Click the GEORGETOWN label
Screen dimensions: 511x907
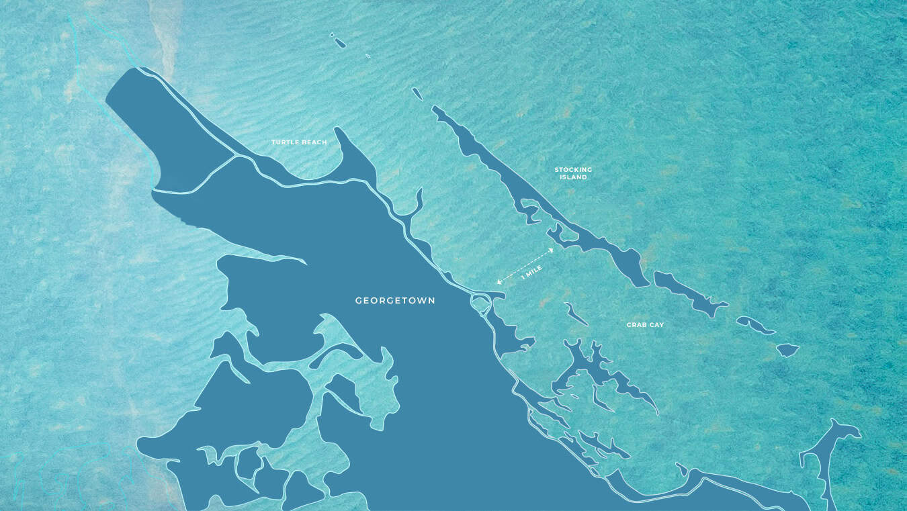tap(395, 301)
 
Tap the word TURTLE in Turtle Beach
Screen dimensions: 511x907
tap(285, 142)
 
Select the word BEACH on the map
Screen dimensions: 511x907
tap(314, 142)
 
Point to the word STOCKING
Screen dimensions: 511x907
tap(573, 170)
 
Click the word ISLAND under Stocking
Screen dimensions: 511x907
tap(573, 177)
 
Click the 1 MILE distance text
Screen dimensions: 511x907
tap(531, 272)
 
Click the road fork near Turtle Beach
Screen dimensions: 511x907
tap(235, 157)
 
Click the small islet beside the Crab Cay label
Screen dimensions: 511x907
tap(576, 314)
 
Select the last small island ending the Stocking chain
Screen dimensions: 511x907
tap(787, 350)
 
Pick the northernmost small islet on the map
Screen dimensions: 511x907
tap(339, 42)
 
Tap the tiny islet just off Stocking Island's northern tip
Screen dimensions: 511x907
tap(417, 94)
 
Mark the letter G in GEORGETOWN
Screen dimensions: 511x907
tap(359, 301)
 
